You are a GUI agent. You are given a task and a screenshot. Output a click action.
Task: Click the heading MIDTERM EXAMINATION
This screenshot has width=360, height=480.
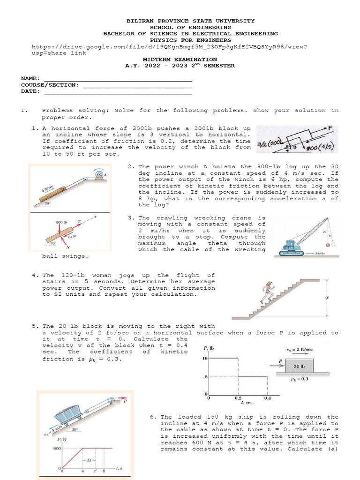[x=180, y=60]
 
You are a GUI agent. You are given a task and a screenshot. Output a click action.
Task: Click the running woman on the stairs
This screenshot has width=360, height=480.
[x=269, y=291]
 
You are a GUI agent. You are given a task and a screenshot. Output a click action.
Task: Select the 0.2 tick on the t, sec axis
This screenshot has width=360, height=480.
[x=238, y=397]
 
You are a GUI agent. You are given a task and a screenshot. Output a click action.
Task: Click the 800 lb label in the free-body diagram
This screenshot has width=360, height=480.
[x=62, y=222]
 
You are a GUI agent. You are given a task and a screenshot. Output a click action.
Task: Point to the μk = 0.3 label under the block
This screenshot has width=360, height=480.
[x=300, y=379]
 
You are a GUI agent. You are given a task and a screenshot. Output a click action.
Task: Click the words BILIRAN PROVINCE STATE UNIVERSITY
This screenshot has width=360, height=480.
[x=191, y=21]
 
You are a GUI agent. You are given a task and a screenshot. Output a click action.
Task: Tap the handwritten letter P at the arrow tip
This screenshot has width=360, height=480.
[x=330, y=127]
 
